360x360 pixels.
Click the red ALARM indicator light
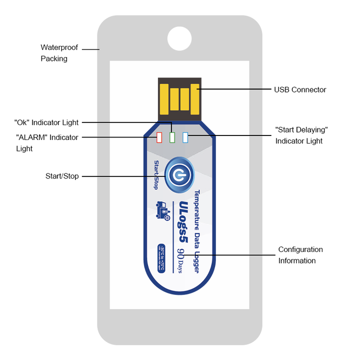(160, 137)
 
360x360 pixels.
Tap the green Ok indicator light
(172, 137)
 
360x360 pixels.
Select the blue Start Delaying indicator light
(185, 137)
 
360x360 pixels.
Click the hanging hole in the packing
(179, 38)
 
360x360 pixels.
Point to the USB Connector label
(300, 90)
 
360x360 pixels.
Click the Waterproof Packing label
(59, 53)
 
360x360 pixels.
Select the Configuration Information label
(300, 255)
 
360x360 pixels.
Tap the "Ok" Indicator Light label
(46, 122)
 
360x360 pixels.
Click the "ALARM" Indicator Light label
(46, 142)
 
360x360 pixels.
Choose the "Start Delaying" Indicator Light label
(301, 135)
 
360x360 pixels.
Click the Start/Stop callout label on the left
(62, 176)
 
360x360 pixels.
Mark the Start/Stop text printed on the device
(156, 175)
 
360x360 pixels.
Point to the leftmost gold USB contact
(164, 98)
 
